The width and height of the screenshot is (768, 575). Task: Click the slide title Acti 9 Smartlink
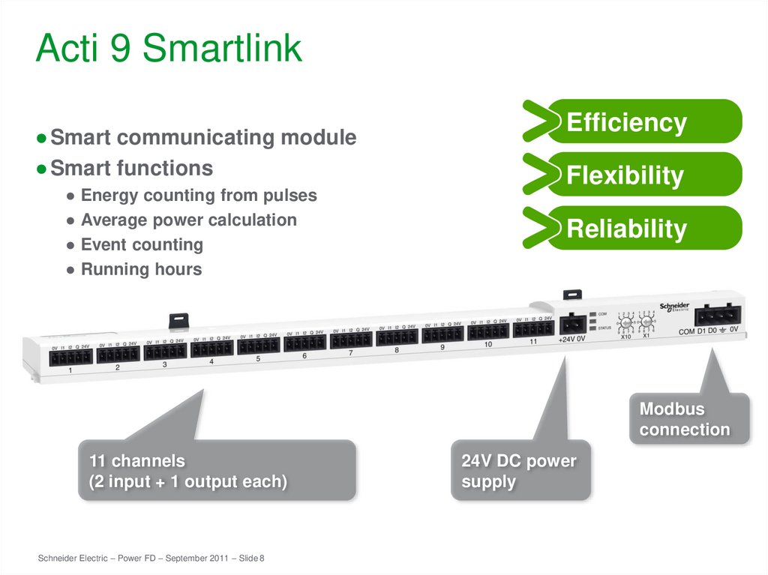pos(169,49)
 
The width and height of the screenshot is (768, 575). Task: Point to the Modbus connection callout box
pos(688,419)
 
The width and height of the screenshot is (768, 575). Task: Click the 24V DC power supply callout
pos(520,471)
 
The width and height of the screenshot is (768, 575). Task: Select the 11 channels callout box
pos(216,471)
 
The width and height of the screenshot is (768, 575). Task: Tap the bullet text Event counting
pos(142,244)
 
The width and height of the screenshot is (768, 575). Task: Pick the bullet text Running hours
pos(141,269)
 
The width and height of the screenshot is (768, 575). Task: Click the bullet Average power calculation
pos(188,220)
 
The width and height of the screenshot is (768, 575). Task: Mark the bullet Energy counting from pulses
pos(199,196)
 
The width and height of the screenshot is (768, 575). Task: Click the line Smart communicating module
pos(202,138)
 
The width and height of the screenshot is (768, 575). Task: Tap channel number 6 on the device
pos(304,356)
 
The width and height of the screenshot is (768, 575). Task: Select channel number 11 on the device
pos(533,342)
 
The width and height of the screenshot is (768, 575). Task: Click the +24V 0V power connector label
pos(571,339)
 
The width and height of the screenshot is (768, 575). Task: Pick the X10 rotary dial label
pos(626,337)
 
